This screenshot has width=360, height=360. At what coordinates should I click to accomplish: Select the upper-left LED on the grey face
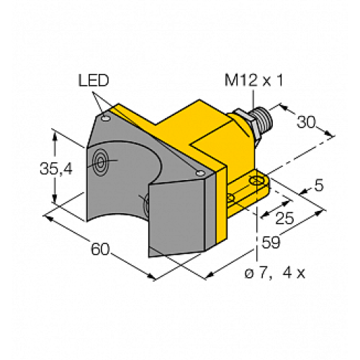click(x=106, y=115)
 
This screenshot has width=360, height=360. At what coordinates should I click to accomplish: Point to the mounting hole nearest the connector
click(x=253, y=179)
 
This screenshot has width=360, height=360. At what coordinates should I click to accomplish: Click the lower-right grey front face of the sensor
click(x=180, y=220)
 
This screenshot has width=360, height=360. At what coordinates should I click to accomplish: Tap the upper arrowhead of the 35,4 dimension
click(x=55, y=131)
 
